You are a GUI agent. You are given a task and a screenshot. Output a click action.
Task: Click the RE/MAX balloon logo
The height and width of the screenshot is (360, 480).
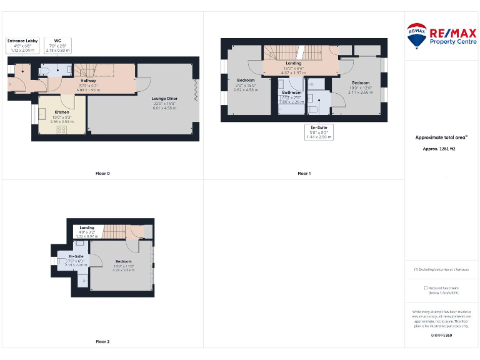click(417, 36)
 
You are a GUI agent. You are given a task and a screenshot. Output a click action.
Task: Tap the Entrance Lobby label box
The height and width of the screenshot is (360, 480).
click(22, 44)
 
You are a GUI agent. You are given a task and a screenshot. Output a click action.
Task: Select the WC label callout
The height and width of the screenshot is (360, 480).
click(57, 44)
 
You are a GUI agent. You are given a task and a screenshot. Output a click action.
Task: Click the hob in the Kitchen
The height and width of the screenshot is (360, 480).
click(62, 129)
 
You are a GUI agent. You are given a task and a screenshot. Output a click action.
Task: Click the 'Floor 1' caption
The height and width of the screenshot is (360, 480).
click(304, 173)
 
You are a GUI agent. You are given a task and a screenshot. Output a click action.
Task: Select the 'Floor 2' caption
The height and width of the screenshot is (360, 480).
click(102, 342)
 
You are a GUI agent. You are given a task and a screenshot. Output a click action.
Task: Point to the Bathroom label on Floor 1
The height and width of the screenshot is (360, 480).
click(291, 95)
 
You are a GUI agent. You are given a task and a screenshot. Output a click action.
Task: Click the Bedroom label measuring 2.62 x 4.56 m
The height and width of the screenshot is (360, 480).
click(246, 84)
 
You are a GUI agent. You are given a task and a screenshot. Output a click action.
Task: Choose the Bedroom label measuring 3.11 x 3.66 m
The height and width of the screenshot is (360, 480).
click(361, 87)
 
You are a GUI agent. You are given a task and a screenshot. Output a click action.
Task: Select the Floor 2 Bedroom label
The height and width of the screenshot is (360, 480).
click(123, 264)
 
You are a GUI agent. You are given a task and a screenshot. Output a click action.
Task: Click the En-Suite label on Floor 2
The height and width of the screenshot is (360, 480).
click(76, 259)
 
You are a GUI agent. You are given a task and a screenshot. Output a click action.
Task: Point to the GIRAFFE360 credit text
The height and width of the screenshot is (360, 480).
click(441, 336)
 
